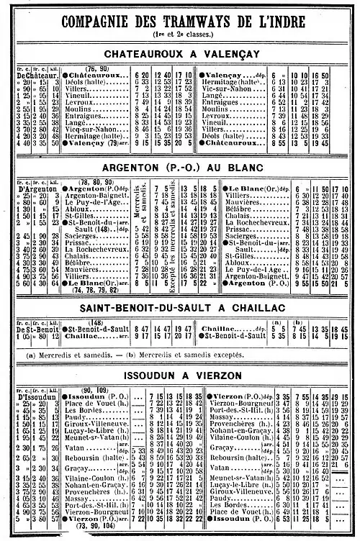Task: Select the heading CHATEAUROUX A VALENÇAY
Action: (x=180, y=54)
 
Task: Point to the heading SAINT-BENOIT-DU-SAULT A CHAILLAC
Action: (x=180, y=307)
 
